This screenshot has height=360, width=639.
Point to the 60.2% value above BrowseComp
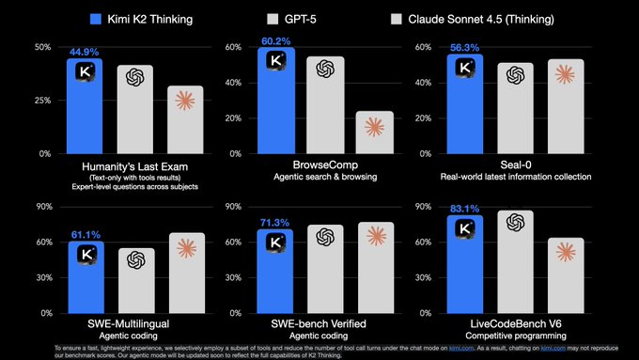point(276,40)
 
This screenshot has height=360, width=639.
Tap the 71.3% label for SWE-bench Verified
point(276,223)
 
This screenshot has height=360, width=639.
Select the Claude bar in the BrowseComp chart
point(374,133)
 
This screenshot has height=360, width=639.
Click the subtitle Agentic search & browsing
point(323,177)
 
